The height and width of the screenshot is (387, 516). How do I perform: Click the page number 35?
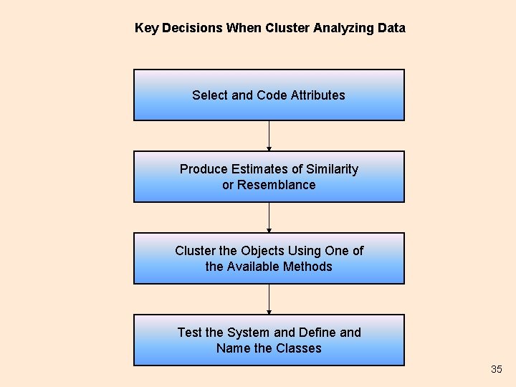tap(497, 369)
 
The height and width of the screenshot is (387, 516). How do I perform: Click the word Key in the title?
tap(147, 28)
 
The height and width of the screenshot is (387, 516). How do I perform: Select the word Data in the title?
tap(391, 28)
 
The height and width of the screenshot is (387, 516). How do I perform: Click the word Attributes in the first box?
tap(318, 95)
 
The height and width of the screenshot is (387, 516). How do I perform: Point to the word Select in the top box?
tap(209, 95)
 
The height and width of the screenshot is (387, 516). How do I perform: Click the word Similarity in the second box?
tap(332, 169)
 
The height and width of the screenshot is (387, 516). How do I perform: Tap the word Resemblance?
tap(277, 185)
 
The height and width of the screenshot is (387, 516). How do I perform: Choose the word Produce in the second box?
tap(204, 169)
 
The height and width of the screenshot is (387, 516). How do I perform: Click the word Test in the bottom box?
tap(189, 333)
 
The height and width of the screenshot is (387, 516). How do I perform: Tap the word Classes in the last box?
tap(299, 348)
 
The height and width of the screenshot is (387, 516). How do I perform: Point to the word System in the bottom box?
tap(249, 333)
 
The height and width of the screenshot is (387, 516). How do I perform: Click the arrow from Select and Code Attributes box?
tap(269, 135)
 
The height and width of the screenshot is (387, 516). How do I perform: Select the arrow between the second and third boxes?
tap(269, 217)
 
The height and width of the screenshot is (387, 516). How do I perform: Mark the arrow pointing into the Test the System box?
tap(269, 299)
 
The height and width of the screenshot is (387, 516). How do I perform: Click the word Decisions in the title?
tap(192, 28)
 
